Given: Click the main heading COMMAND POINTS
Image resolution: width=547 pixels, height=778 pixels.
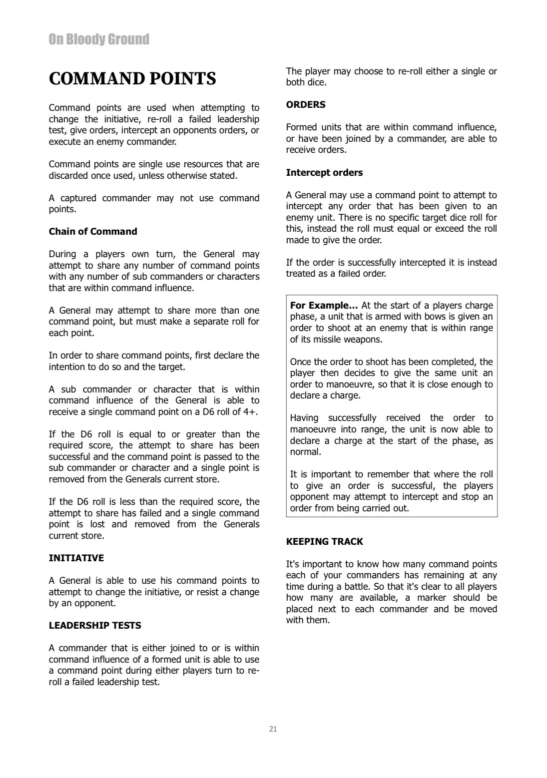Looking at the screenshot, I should pos(132,79).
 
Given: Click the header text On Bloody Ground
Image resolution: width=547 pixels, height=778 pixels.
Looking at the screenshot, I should pos(99,39).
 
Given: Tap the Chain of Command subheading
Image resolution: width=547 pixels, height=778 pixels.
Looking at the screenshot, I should pos(93,232).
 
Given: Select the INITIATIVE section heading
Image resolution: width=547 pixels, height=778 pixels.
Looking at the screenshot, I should pos(76,558).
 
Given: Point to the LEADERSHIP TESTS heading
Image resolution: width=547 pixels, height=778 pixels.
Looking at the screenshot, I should pos(95,626).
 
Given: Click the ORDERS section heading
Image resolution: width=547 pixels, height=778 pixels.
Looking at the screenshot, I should pos(306,105).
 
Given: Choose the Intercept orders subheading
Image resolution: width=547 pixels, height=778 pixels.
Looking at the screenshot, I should pos(324,173).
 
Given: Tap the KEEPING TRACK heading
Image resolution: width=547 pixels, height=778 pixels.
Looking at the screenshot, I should pos(325,542).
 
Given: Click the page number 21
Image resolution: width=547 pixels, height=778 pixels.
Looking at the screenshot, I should pos(273,729).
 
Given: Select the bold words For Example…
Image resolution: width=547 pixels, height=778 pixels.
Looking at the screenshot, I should pos(324,306).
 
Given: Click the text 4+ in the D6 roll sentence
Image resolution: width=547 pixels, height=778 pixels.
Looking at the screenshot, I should pos(252,412).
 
